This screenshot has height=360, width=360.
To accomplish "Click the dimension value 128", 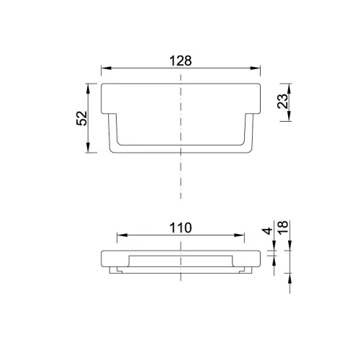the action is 181,60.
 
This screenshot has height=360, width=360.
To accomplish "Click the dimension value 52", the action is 81,118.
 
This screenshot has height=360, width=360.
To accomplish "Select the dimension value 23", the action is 282,101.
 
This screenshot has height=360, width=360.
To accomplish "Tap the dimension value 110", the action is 181,228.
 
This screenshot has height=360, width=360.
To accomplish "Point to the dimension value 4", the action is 267,231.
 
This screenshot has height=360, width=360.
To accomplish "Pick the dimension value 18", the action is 283,228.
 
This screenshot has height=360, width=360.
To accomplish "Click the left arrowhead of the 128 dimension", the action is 107,68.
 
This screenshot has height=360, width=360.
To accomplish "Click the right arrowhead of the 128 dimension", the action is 255,68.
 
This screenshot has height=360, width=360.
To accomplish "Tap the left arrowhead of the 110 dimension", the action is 122,235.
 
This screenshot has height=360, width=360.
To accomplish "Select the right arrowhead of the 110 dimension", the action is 239,235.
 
